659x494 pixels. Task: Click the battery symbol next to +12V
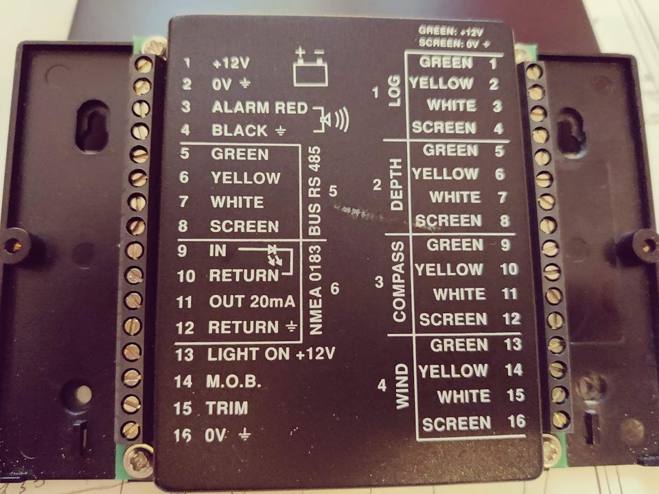[310, 67]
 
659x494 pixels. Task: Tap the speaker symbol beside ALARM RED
[332, 119]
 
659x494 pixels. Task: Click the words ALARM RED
[260, 108]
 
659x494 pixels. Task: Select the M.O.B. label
[233, 381]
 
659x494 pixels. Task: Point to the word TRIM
[227, 408]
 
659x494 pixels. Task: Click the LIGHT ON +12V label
[271, 354]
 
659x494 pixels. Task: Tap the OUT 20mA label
[252, 301]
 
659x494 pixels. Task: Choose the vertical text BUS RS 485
[315, 191]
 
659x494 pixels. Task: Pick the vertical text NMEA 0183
[315, 290]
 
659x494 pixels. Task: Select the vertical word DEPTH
[396, 185]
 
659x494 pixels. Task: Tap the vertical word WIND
[402, 386]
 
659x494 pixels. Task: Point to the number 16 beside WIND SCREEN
[516, 421]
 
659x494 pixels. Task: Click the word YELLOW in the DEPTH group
[446, 174]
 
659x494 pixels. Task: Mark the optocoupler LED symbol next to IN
[275, 256]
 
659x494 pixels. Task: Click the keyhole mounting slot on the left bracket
[92, 126]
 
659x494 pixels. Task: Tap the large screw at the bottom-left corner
[139, 460]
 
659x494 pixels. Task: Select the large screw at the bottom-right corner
[551, 451]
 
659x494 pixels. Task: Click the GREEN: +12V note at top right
[451, 31]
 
